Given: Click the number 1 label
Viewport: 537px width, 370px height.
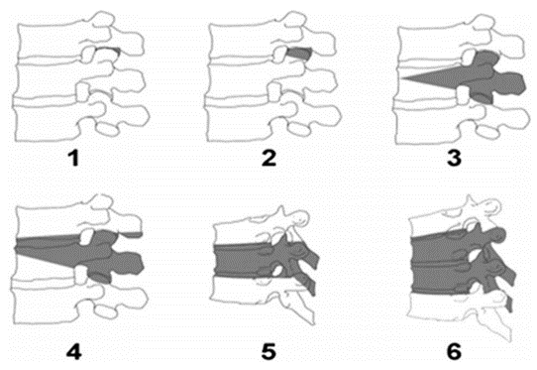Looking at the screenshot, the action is point(74,158).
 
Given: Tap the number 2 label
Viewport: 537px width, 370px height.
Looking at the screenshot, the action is point(268,158).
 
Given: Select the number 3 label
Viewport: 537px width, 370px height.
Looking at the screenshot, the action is point(454,158).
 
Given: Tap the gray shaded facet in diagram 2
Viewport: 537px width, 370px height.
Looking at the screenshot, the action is point(299,54).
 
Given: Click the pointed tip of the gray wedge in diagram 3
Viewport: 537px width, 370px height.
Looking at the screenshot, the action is point(402,78).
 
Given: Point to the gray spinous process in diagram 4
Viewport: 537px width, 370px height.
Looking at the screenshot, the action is point(128,263).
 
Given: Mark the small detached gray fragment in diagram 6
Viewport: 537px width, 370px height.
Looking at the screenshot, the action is point(509,305).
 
